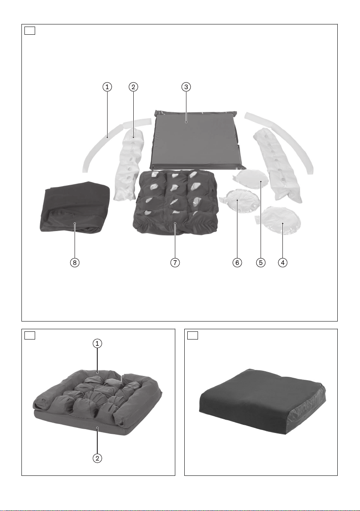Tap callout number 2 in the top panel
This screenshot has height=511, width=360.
click(x=133, y=87)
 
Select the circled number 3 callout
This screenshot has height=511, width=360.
click(x=186, y=87)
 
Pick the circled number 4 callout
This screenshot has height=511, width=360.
click(x=283, y=262)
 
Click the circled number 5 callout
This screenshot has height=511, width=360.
click(x=261, y=262)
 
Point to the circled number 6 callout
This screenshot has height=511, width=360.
click(x=237, y=262)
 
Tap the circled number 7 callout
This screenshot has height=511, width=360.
click(x=175, y=262)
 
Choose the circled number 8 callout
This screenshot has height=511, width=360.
click(x=75, y=262)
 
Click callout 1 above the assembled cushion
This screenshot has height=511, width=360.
click(x=97, y=343)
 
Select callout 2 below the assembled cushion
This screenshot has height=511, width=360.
click(x=97, y=458)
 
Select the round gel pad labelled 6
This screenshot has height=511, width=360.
click(x=240, y=201)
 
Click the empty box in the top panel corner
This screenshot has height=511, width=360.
click(x=30, y=30)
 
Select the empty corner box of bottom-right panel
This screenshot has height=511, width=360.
click(x=192, y=335)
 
